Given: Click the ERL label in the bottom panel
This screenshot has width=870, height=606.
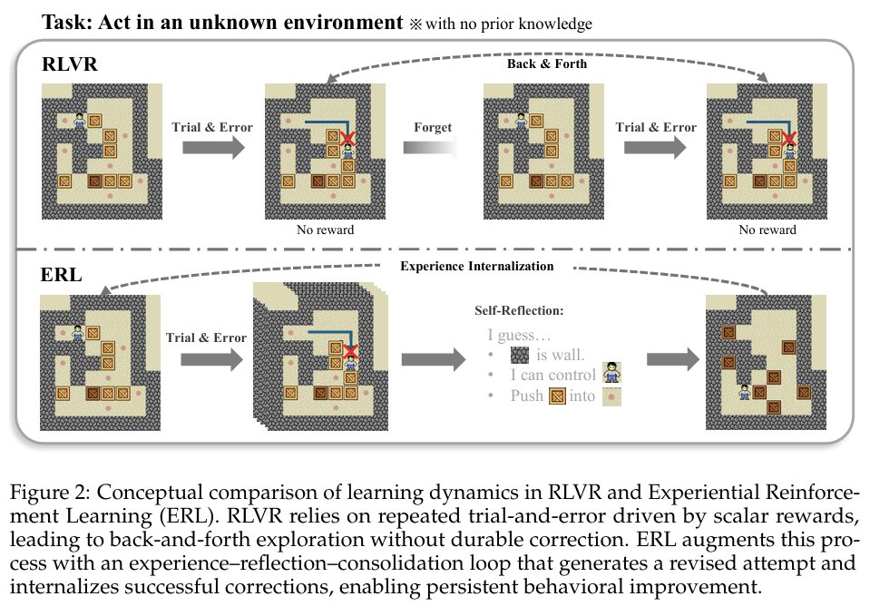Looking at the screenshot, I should point(59,273).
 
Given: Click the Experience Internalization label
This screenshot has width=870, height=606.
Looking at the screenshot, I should point(476,267).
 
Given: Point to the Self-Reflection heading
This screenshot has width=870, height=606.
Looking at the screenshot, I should point(519,310).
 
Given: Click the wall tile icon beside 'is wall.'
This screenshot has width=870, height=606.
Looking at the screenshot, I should point(521,354).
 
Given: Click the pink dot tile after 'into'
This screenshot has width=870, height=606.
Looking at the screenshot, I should point(611,396).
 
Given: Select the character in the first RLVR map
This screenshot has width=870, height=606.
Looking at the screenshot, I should point(80,119).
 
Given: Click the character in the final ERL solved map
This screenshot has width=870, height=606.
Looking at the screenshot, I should point(745,392).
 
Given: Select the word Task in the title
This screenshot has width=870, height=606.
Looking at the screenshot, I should point(64,23).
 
